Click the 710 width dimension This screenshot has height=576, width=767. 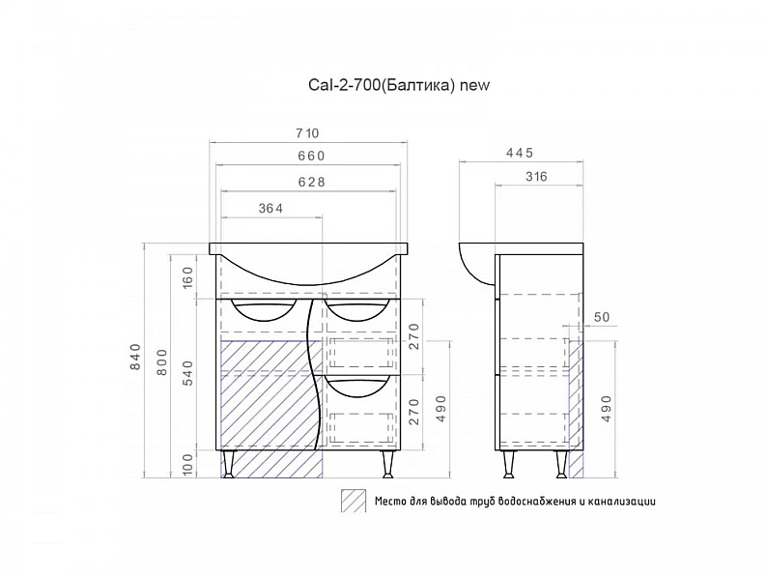pos(307,133)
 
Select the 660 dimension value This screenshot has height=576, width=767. pos(311,156)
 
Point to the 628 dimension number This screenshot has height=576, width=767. pos(312,182)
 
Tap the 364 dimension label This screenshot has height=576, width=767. pos(270,209)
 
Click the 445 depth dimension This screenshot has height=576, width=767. pos(520,153)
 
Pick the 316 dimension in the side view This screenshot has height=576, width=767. pos(536,177)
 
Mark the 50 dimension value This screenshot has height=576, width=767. pos(602,317)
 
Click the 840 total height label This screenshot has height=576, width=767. pos(135,357)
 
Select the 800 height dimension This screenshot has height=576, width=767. pos(162,362)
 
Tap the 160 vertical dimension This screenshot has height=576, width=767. pos(187,277)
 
